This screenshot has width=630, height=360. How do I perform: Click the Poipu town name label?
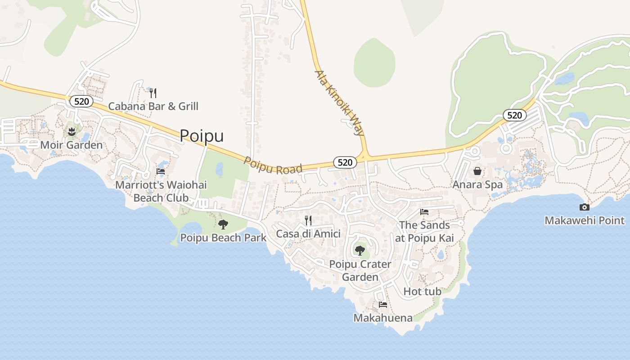202,135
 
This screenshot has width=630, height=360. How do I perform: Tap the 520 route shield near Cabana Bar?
81,101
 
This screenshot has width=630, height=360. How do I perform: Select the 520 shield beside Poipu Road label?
345,162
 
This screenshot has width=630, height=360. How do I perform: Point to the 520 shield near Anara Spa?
514,115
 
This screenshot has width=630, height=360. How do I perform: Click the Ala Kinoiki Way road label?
339,103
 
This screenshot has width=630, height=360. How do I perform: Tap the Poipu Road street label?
273,165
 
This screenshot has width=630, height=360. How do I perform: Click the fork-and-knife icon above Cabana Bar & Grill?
153,93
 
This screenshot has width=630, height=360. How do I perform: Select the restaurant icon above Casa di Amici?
308,220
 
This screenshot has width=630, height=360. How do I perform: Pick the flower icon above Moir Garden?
71,132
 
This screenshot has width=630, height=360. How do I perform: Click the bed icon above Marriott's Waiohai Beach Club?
161,171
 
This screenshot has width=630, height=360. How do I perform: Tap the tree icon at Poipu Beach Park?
223,225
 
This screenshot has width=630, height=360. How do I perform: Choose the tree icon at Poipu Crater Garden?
360,250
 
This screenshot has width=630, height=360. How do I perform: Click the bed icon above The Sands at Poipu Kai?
424,211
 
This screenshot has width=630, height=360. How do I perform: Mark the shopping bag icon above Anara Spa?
477,171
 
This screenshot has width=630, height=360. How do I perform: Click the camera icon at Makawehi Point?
585,207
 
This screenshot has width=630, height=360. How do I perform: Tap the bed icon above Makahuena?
383,305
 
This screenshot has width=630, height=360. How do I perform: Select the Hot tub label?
422,292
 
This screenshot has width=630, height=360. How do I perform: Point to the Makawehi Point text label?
585,220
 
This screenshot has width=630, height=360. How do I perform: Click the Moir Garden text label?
72,145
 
